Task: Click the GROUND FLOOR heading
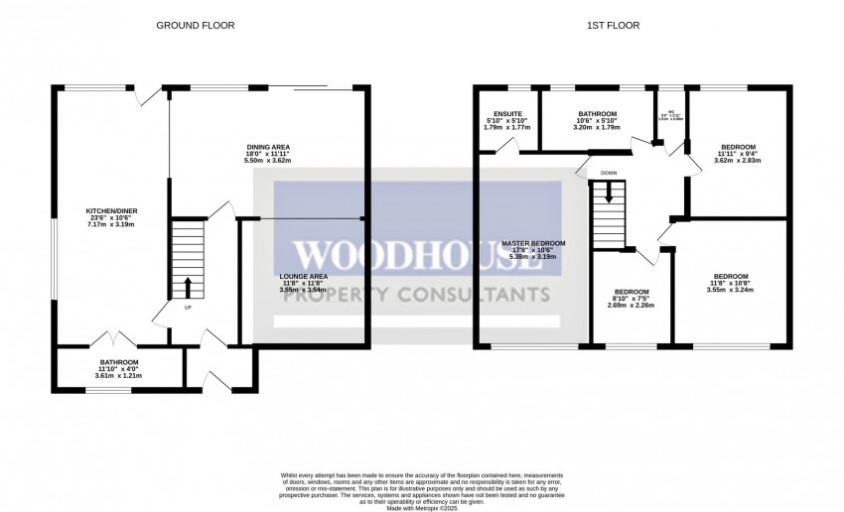coord(196,25)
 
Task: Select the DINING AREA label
coord(267,147)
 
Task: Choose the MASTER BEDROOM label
coord(533,243)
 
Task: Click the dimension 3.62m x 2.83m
coord(737,160)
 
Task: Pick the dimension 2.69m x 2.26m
coord(632,305)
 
